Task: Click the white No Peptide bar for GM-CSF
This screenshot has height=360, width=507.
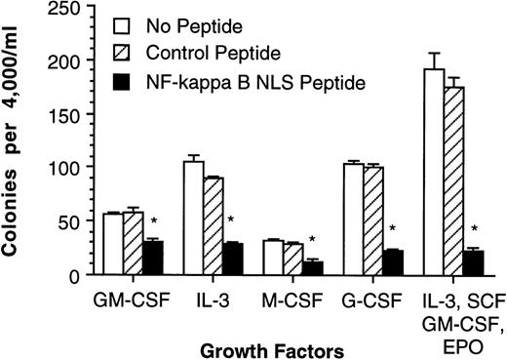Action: click(x=112, y=244)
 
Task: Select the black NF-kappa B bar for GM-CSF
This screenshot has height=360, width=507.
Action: click(x=152, y=259)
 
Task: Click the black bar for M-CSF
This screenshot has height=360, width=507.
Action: click(x=313, y=268)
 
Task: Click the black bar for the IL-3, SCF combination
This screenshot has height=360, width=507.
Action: click(x=474, y=262)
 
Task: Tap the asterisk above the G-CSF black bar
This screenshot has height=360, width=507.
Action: click(x=392, y=230)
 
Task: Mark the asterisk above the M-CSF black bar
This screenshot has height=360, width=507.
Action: click(x=312, y=240)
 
